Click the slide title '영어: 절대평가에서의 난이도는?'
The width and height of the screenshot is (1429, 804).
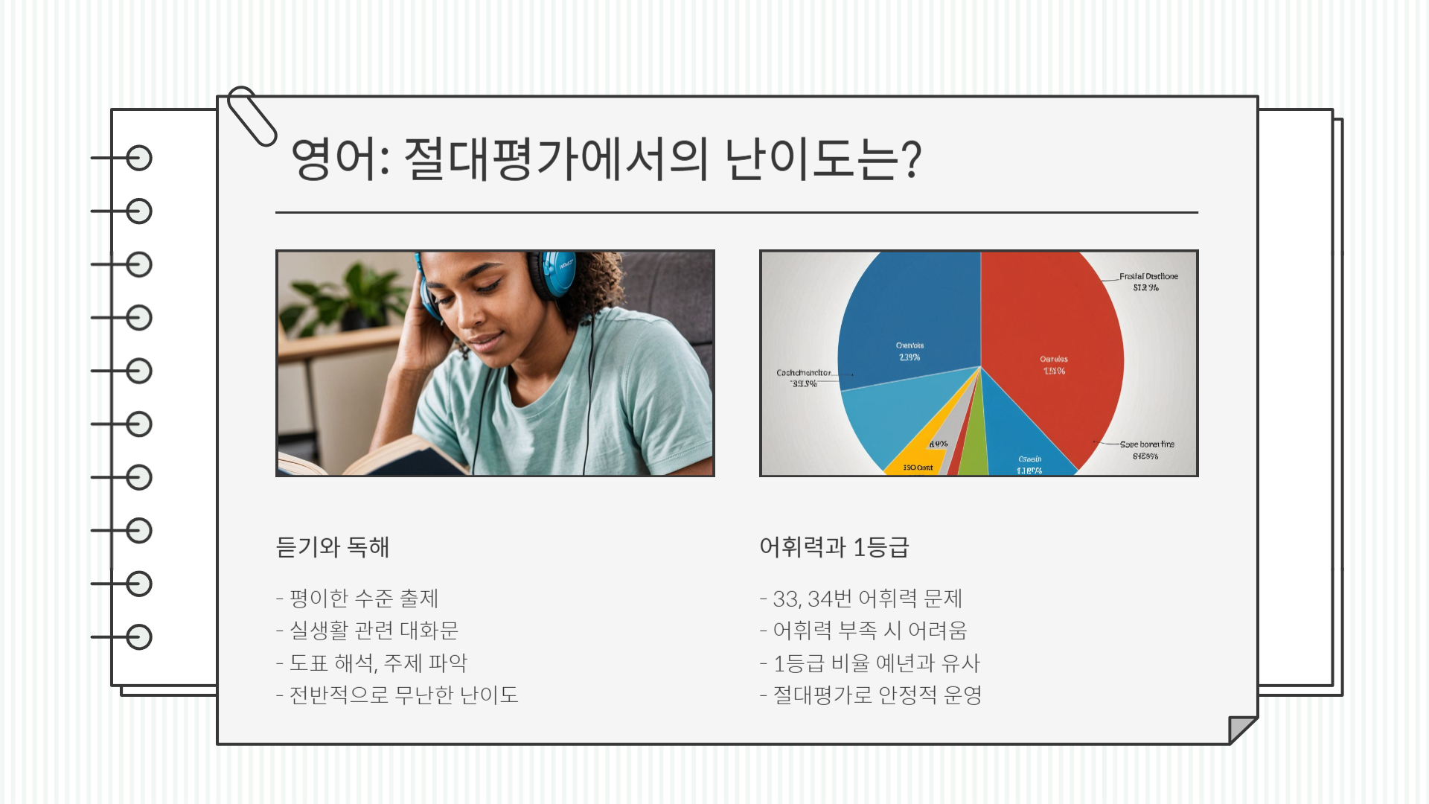606,159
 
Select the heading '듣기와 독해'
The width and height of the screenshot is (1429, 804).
332,547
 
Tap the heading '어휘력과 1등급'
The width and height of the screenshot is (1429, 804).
834,547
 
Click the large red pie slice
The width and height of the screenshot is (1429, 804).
1057,335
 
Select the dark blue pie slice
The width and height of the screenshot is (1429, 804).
912,313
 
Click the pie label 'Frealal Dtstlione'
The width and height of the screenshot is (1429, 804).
1148,276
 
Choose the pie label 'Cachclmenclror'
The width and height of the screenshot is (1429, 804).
803,373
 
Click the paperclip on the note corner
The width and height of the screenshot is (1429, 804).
252,116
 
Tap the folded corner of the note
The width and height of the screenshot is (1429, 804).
1240,728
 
